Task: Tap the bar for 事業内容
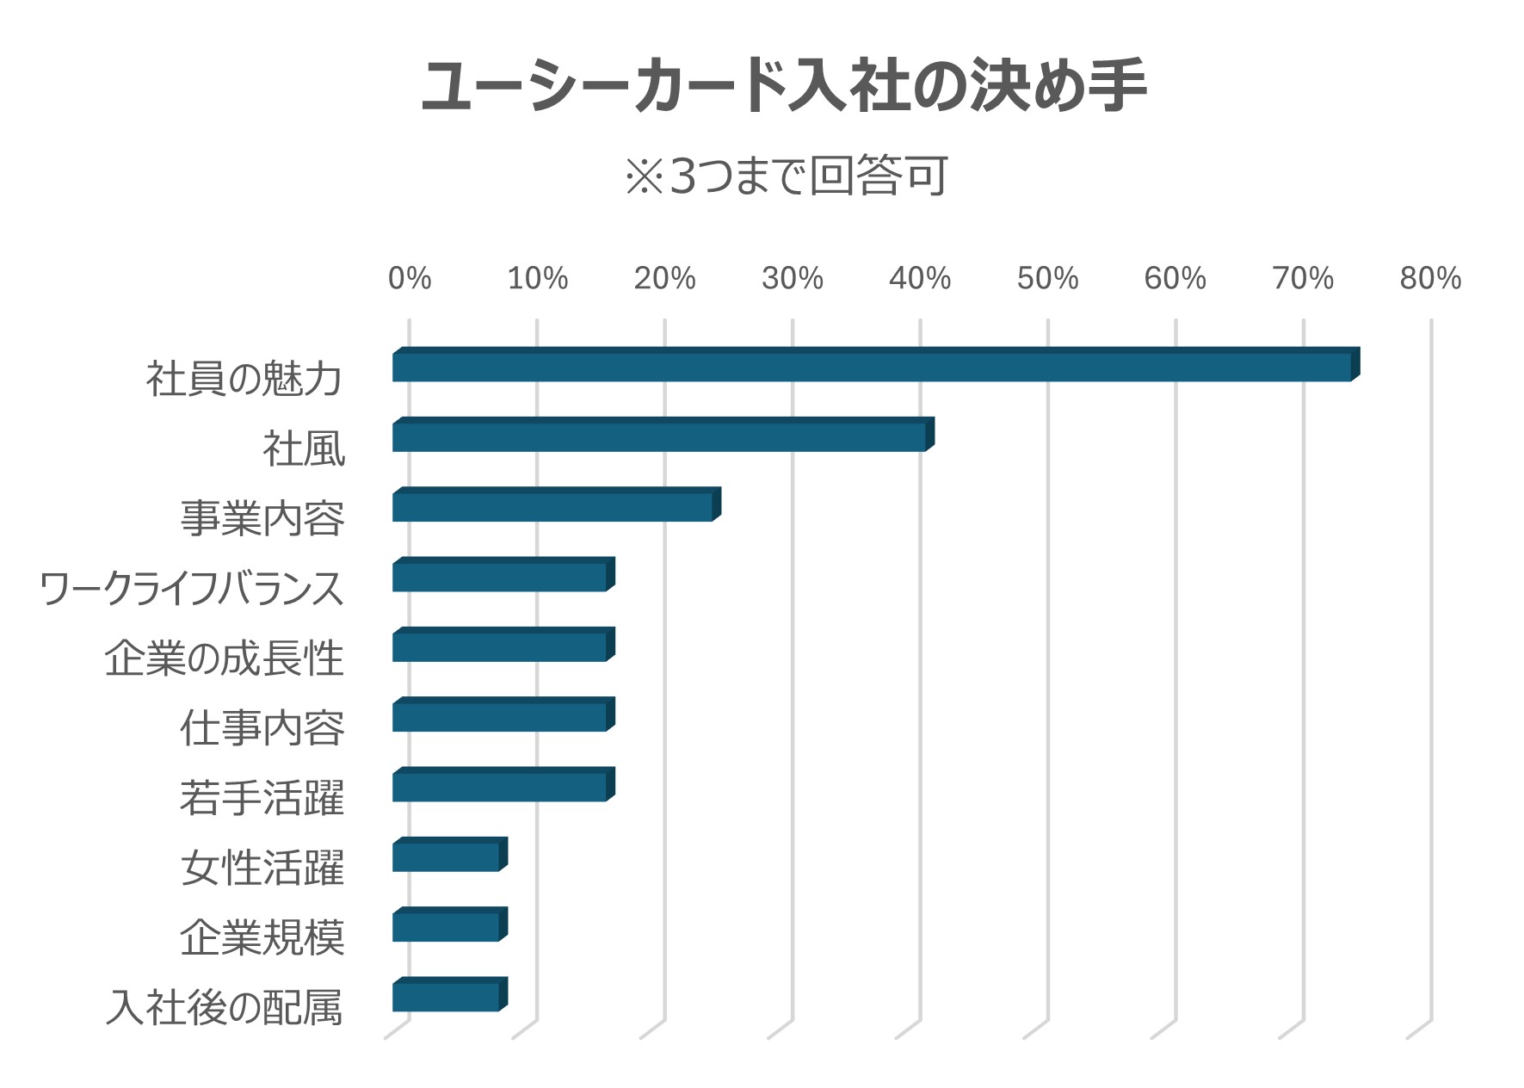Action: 557,504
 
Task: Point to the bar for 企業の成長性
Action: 503,645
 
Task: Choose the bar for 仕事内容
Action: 503,714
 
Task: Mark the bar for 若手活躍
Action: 503,784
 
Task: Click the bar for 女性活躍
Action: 450,855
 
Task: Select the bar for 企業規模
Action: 450,924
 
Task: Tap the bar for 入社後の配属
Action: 450,995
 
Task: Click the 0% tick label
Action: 410,278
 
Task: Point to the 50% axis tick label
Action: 1048,278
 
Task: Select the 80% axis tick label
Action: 1431,278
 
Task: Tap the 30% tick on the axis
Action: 793,278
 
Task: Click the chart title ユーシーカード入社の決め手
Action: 784,86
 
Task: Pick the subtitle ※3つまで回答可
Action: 787,176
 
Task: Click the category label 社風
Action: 305,449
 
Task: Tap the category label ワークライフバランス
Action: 193,589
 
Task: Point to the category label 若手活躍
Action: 262,798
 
